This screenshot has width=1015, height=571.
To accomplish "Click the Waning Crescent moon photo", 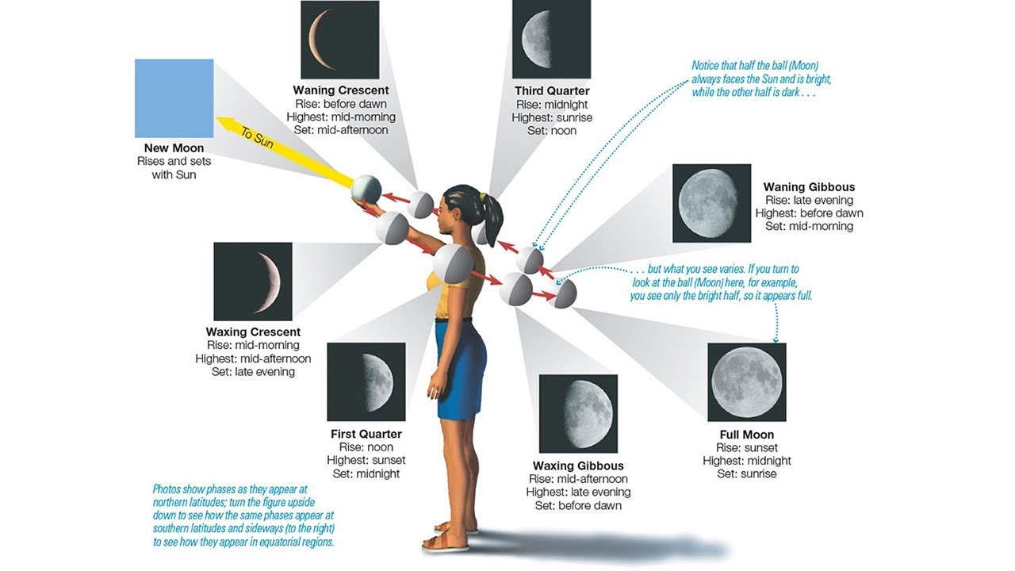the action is pyautogui.click(x=339, y=40).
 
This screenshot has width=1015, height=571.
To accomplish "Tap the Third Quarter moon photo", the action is pyautogui.click(x=551, y=40).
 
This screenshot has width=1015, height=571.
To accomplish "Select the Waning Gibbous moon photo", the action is pyautogui.click(x=711, y=203).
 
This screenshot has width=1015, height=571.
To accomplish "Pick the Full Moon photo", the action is pyautogui.click(x=746, y=381).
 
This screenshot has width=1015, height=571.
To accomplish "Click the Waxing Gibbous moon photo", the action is pyautogui.click(x=578, y=413).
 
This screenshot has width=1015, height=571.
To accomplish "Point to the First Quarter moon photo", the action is pyautogui.click(x=366, y=381).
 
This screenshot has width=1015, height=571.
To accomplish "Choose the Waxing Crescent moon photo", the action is pyautogui.click(x=253, y=282).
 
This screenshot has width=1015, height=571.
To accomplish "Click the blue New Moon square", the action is pyautogui.click(x=174, y=98).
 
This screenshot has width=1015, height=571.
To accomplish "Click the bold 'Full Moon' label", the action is pyautogui.click(x=746, y=435).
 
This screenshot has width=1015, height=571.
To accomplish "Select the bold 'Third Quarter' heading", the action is pyautogui.click(x=552, y=91).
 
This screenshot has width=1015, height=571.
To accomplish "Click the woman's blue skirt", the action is pyautogui.click(x=460, y=369).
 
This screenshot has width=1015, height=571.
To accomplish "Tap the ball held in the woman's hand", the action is pyautogui.click(x=366, y=190).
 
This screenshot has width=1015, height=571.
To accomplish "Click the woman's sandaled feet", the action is pyautogui.click(x=449, y=536).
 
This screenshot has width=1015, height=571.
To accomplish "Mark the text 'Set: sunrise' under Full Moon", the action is pyautogui.click(x=746, y=474).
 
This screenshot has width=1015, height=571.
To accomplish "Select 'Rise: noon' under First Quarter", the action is pyautogui.click(x=366, y=447).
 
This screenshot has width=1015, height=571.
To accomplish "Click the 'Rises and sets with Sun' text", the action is pyautogui.click(x=174, y=168).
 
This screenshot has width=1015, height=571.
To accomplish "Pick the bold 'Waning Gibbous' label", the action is pyautogui.click(x=809, y=187).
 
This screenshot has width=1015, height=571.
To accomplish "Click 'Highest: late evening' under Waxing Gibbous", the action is pyautogui.click(x=578, y=492).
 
